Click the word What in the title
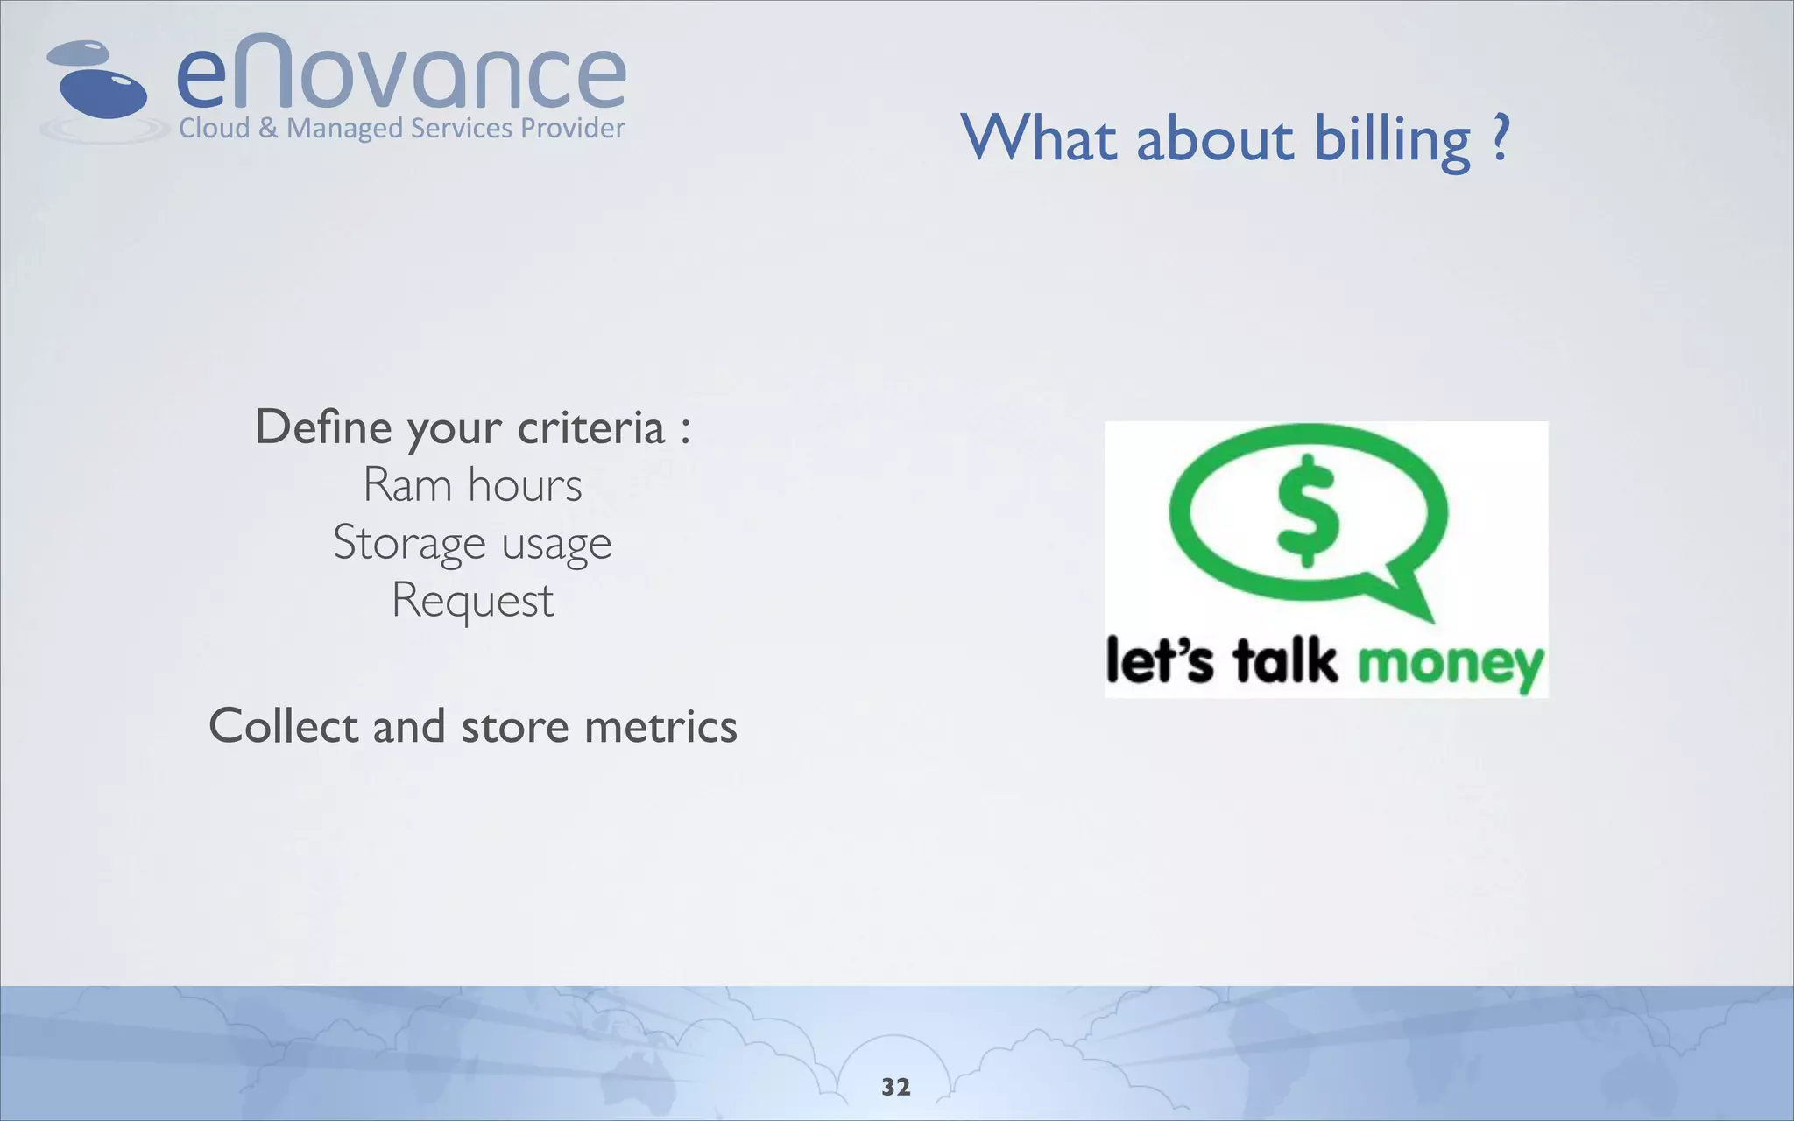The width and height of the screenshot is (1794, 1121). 1039,138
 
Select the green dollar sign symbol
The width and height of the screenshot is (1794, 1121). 1308,510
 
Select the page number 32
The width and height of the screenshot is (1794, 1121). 896,1087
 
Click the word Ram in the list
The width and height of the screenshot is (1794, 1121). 406,485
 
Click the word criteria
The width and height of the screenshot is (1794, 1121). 590,428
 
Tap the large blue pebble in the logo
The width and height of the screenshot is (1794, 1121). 103,91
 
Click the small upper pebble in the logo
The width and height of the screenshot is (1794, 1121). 79,53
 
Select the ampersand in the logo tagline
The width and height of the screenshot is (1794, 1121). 268,129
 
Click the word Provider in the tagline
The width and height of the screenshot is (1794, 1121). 573,129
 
